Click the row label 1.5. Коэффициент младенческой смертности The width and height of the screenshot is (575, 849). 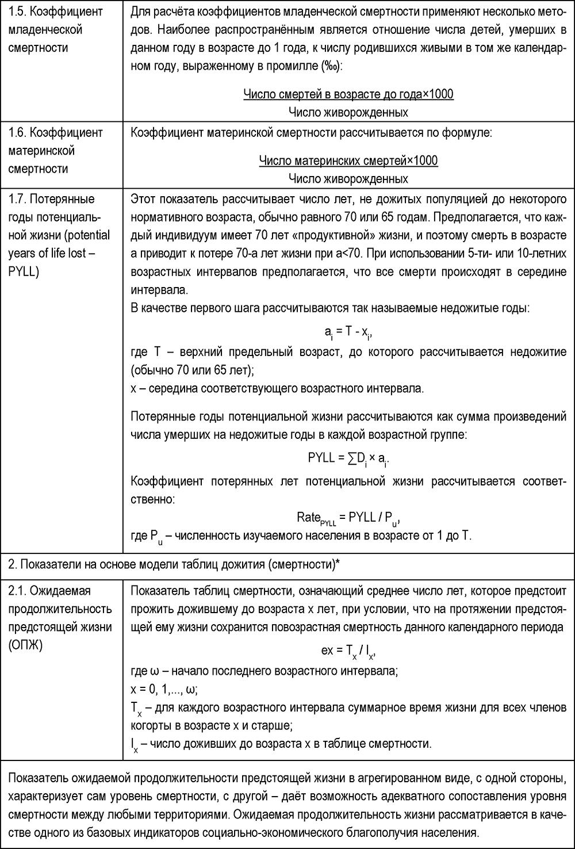[x=46, y=29]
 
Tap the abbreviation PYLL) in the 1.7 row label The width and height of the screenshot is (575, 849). [x=24, y=271]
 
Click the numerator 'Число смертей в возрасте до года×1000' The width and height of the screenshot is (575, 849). [x=348, y=94]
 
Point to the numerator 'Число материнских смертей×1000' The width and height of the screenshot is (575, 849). [x=348, y=160]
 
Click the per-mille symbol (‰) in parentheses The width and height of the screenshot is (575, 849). [x=332, y=66]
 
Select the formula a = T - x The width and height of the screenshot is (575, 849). [x=348, y=332]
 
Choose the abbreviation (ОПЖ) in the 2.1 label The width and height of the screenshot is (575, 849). [x=25, y=645]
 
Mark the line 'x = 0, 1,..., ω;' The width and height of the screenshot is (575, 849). [x=164, y=689]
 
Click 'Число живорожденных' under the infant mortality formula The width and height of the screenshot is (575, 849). [x=348, y=112]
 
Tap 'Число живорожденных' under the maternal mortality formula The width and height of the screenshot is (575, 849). [x=348, y=178]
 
